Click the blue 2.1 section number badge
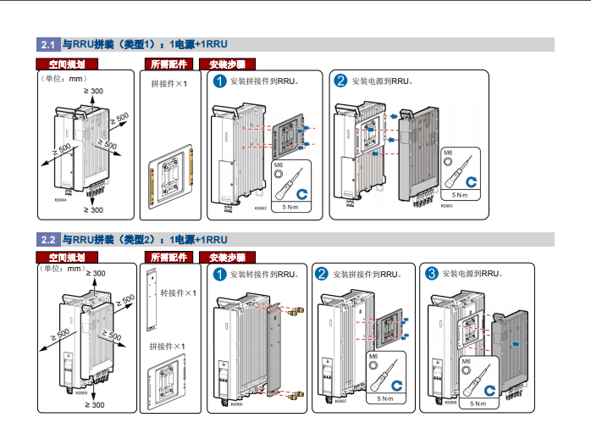click(48, 44)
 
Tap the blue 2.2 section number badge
click(48, 239)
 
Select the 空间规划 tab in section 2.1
click(68, 64)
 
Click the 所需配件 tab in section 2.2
click(168, 257)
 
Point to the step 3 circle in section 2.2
click(432, 273)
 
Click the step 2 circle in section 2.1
click(340, 81)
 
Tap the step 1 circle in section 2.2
click(219, 274)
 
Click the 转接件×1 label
click(178, 293)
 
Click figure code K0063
click(446, 205)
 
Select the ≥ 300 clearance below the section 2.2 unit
click(94, 405)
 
